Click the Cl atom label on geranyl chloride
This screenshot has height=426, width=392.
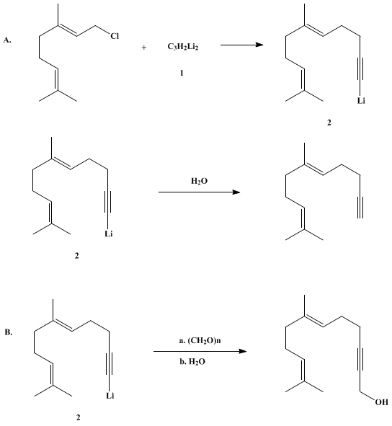click(x=115, y=36)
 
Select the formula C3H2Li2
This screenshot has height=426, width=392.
click(x=183, y=47)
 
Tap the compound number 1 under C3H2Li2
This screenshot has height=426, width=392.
click(x=182, y=73)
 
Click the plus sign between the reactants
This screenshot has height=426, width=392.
click(x=144, y=48)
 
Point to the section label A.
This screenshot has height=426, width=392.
click(x=7, y=40)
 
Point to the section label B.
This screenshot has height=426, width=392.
click(x=9, y=332)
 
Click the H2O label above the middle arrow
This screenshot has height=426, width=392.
click(x=199, y=181)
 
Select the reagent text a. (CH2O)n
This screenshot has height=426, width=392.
click(x=200, y=340)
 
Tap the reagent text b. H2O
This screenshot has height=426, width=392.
click(x=192, y=362)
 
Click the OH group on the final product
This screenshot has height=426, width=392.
click(x=382, y=402)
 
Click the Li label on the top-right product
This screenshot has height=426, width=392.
click(x=361, y=101)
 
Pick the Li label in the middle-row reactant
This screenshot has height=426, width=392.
click(x=109, y=234)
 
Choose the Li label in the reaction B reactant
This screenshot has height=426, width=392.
click(x=110, y=396)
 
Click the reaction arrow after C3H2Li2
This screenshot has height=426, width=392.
click(x=242, y=45)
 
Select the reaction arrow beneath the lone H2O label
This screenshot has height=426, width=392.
click(x=199, y=192)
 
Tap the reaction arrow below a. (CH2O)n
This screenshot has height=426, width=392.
click(x=200, y=351)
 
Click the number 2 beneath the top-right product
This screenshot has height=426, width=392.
click(x=329, y=123)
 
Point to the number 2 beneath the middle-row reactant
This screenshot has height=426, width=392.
click(x=77, y=256)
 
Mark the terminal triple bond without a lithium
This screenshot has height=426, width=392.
click(x=360, y=208)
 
